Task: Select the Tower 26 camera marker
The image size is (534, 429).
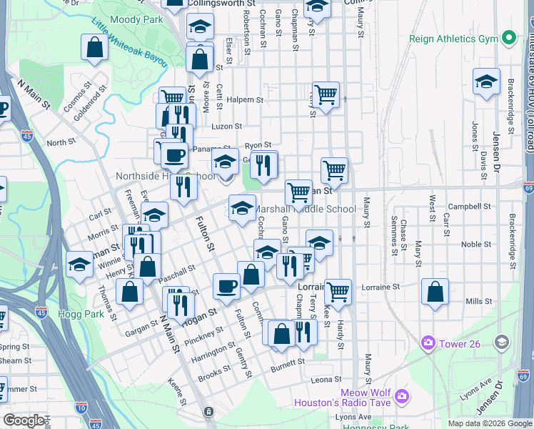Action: (x=428, y=343)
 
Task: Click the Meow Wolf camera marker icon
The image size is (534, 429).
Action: (x=402, y=395)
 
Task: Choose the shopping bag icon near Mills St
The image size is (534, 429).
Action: (x=435, y=292)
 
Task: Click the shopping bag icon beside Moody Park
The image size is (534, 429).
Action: (x=95, y=49)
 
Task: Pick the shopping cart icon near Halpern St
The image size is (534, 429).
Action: (x=326, y=94)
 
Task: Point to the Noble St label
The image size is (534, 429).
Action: (x=473, y=244)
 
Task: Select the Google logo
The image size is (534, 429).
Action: (x=24, y=420)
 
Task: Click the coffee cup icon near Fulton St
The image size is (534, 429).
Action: (x=227, y=286)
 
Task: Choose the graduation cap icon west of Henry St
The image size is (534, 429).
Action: (x=79, y=265)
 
